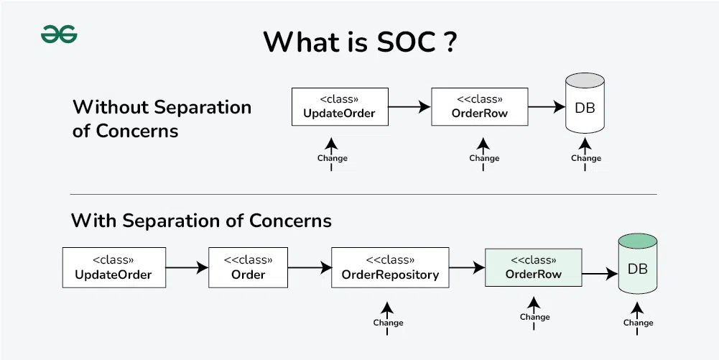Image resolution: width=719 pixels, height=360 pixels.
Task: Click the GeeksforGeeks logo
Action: click(x=59, y=34)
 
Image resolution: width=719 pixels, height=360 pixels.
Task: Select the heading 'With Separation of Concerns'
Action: click(x=201, y=220)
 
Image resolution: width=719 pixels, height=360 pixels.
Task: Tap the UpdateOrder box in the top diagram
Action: click(x=339, y=107)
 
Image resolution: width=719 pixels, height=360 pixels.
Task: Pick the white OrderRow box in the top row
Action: click(x=479, y=107)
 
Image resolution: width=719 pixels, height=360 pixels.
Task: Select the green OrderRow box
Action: click(x=533, y=268)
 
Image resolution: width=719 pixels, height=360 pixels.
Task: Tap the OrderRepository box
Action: click(x=390, y=268)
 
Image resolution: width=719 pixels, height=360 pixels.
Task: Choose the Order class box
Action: click(x=248, y=268)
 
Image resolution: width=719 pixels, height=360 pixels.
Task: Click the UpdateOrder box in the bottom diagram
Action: click(x=113, y=268)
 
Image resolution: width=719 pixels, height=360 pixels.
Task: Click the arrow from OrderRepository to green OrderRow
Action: click(x=467, y=268)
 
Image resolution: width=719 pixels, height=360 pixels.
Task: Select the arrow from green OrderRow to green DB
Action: click(x=600, y=273)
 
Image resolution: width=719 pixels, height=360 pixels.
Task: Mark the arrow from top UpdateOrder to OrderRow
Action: click(x=409, y=107)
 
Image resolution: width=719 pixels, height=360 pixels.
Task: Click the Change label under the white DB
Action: click(x=585, y=158)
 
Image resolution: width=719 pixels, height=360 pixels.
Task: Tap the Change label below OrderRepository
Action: click(x=388, y=323)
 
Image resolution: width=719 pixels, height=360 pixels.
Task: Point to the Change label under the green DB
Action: click(x=638, y=323)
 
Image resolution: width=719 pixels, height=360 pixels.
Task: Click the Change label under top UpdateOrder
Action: click(x=332, y=158)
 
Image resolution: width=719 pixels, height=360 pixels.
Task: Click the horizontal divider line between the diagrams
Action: click(x=363, y=194)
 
